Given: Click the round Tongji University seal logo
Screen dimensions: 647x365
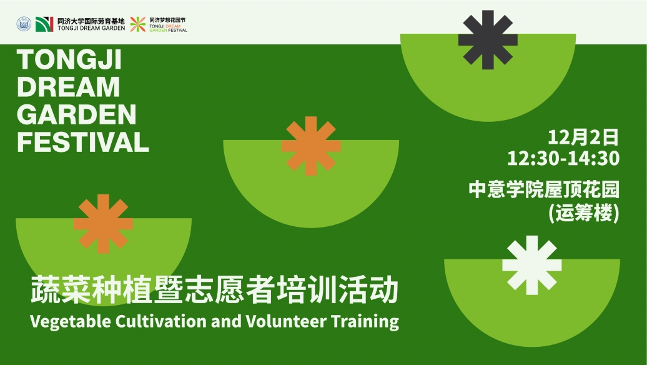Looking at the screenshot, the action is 24,24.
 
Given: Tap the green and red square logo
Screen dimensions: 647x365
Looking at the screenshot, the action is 44,24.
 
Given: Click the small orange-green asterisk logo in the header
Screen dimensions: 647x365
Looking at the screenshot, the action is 138,24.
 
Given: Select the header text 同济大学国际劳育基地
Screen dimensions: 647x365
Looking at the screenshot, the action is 91,21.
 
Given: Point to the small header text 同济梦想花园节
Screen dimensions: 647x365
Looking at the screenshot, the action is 167,20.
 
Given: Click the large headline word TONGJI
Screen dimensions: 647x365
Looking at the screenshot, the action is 69,59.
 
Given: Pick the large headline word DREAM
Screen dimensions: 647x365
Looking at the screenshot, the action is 69,87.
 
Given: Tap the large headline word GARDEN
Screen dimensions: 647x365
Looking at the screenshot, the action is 76,114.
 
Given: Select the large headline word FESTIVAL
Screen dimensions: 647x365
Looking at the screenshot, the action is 83,142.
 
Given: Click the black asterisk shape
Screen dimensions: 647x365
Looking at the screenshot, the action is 488,39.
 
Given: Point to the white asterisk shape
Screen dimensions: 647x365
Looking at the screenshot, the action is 532,265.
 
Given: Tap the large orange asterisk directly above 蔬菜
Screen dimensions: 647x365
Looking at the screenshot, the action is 103,224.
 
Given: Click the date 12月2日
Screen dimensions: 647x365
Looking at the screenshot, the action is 583,137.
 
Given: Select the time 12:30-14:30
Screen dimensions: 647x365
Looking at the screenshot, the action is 563,158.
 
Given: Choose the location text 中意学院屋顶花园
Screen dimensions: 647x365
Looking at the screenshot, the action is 544,189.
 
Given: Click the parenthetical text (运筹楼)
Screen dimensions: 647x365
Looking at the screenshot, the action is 584,213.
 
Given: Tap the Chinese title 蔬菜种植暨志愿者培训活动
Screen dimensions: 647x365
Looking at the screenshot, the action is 215,290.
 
